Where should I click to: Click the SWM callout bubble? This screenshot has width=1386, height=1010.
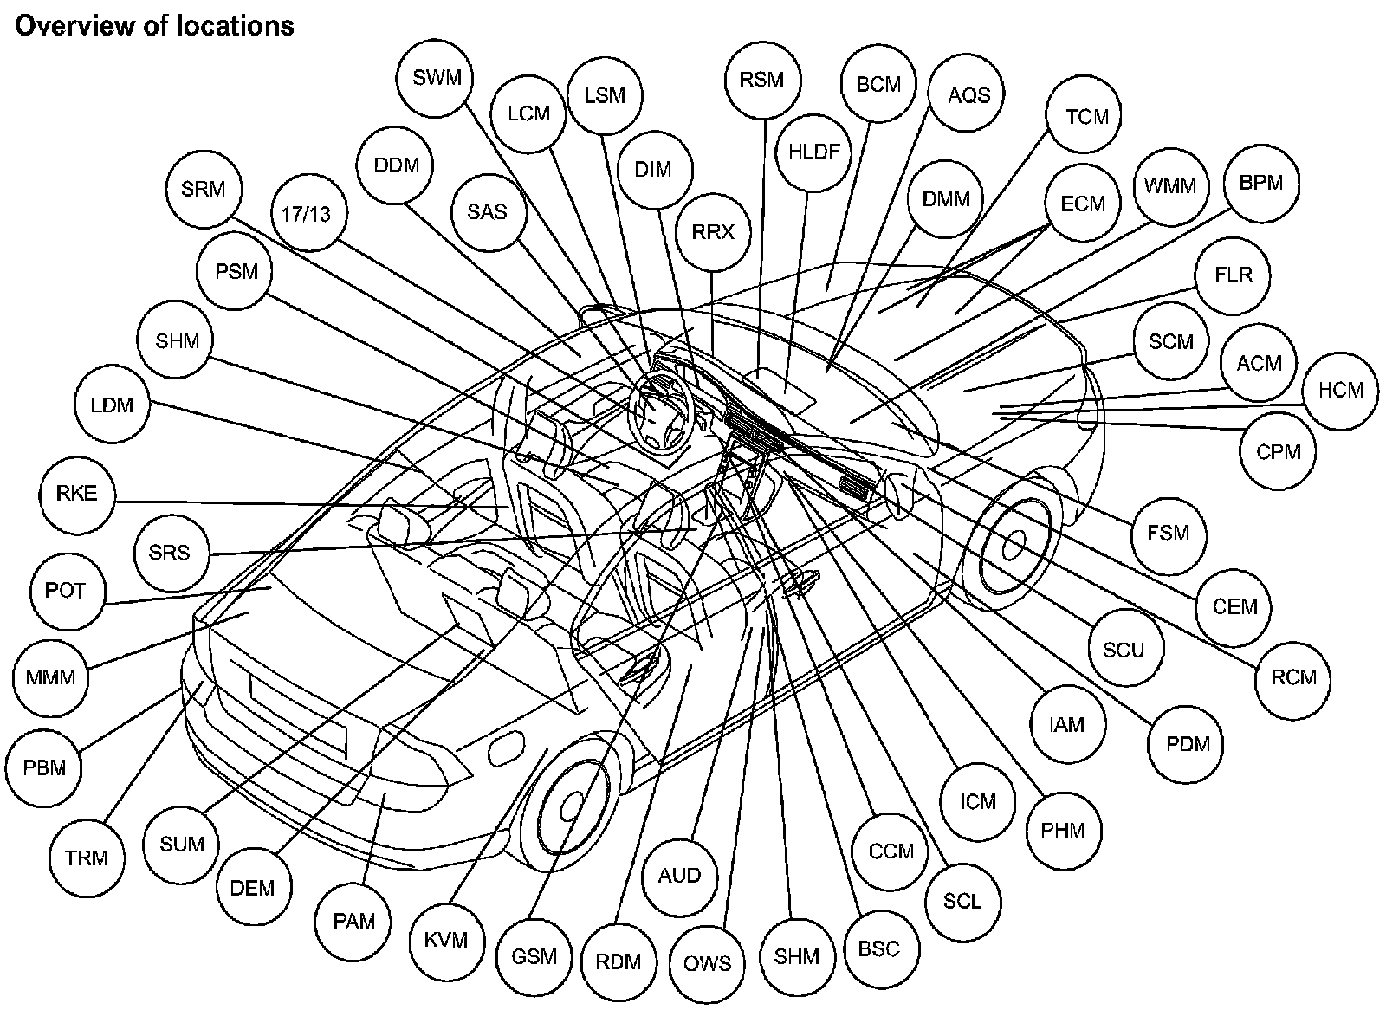point(437,78)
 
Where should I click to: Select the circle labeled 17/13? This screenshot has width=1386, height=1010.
point(307,213)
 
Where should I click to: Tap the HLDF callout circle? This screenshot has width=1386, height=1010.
point(814,152)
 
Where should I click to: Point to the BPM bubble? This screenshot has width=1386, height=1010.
point(1261,183)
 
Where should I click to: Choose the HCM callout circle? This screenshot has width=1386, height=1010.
point(1340,390)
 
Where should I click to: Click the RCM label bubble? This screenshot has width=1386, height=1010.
point(1293,677)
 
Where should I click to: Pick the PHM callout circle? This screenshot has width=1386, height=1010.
point(1063,830)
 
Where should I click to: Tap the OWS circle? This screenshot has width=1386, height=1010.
point(707,963)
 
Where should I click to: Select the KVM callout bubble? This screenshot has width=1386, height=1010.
point(446,940)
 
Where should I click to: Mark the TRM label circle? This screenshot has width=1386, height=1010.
point(87,858)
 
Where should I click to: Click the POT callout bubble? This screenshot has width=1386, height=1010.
point(66,591)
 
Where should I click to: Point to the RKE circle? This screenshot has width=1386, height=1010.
point(77,494)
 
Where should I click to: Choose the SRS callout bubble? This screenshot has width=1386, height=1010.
point(169,552)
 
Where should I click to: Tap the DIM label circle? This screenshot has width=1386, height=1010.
point(653,170)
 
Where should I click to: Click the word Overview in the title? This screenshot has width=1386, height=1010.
point(70,26)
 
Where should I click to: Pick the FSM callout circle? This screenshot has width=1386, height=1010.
point(1168,532)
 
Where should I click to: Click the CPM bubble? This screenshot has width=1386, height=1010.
point(1278,451)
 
